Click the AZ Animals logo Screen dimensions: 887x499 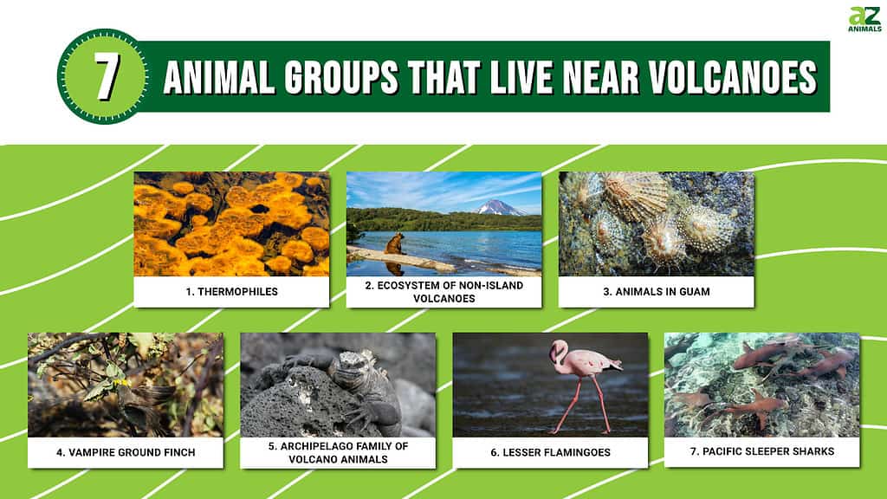[864, 19]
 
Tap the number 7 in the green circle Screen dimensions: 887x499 [106, 77]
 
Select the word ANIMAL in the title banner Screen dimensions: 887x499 [218, 76]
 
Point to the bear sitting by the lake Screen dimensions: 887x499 [394, 243]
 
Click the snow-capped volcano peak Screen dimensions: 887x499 [498, 207]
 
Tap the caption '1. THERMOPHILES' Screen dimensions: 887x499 [232, 292]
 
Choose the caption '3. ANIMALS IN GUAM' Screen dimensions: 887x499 [657, 292]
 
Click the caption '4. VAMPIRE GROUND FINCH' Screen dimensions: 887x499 [126, 452]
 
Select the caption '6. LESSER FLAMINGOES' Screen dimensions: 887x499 [550, 452]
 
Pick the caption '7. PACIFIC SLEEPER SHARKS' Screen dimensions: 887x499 [762, 451]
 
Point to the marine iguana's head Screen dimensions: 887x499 [350, 366]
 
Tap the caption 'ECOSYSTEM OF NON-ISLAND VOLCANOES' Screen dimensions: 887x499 [444, 292]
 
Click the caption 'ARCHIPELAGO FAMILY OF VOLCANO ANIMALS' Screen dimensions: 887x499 [339, 452]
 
